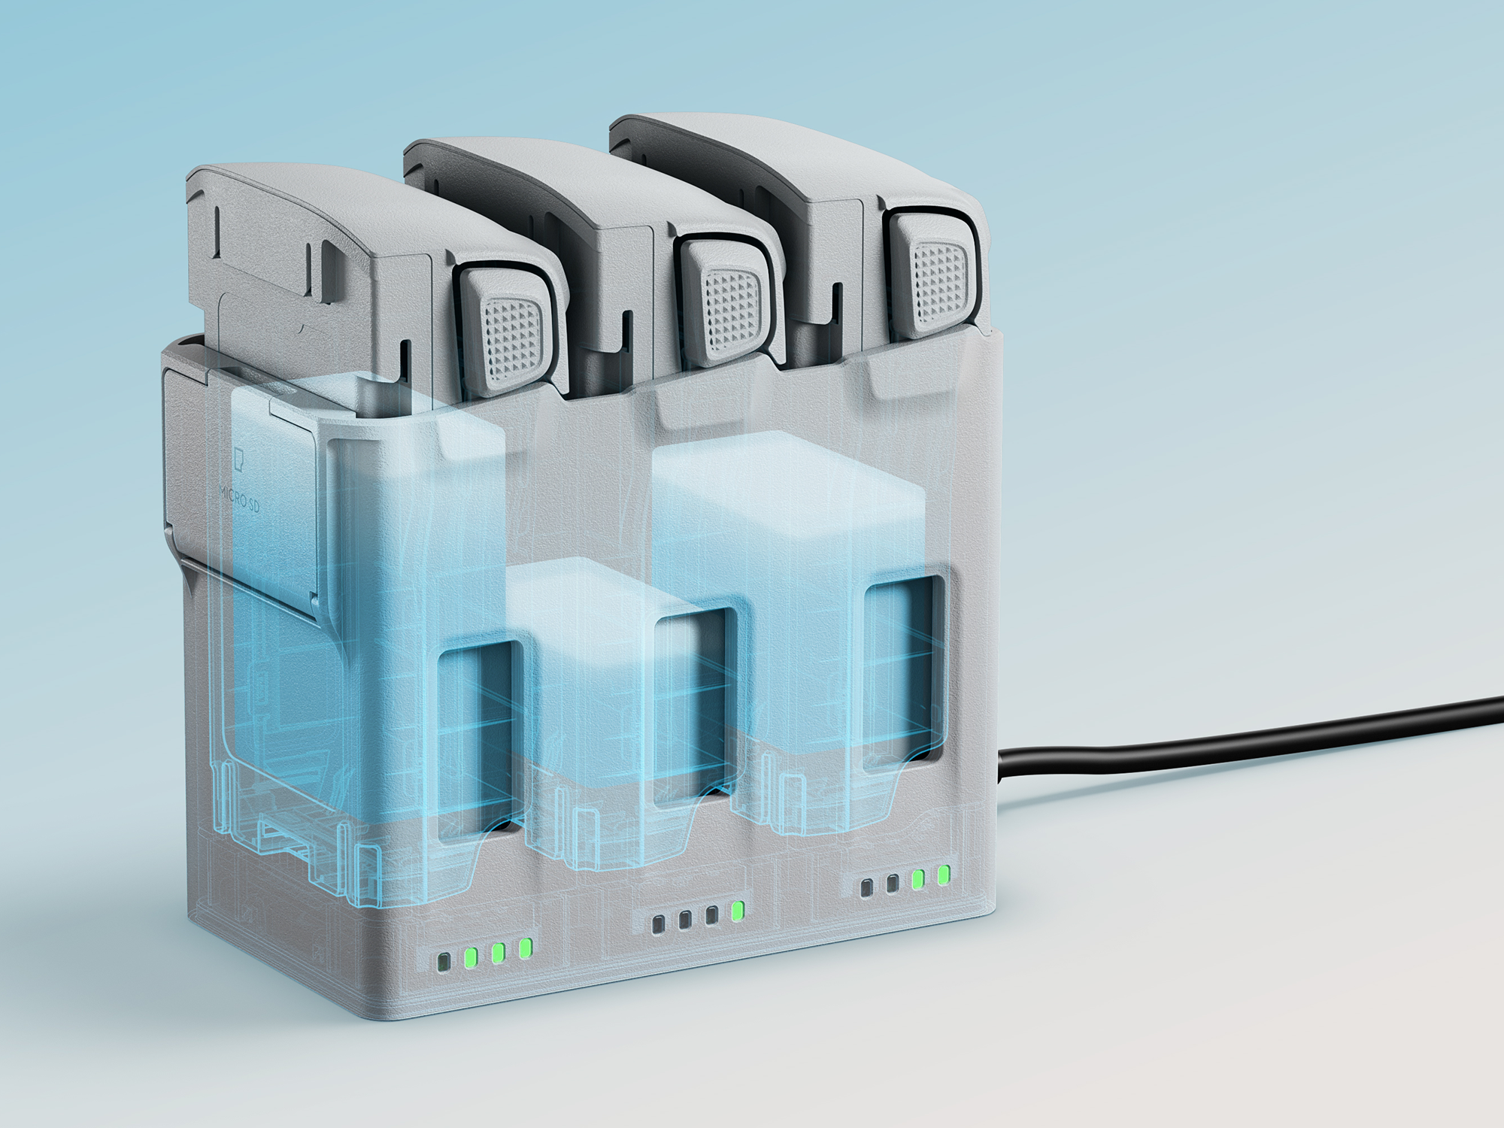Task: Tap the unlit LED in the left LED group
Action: coord(444,962)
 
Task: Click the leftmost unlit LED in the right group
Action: coord(867,888)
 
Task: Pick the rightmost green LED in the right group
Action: coord(944,875)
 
